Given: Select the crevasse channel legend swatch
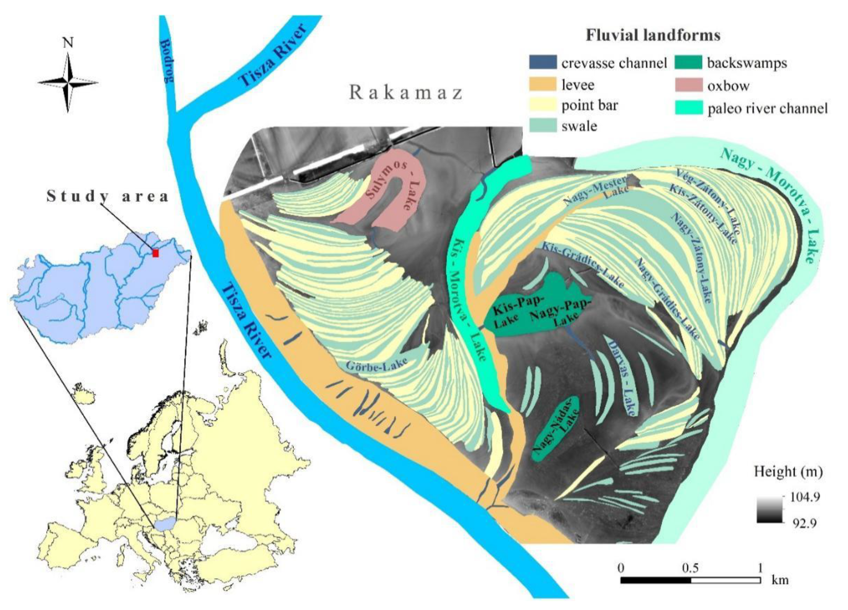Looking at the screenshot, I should click(542, 62).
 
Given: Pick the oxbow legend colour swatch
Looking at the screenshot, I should click(688, 86).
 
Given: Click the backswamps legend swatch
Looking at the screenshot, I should click(688, 62).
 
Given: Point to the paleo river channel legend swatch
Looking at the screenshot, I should click(688, 108).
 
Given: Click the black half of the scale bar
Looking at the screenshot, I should click(655, 580).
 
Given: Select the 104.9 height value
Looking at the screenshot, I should click(804, 497).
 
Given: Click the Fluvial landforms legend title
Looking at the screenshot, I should click(653, 35).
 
